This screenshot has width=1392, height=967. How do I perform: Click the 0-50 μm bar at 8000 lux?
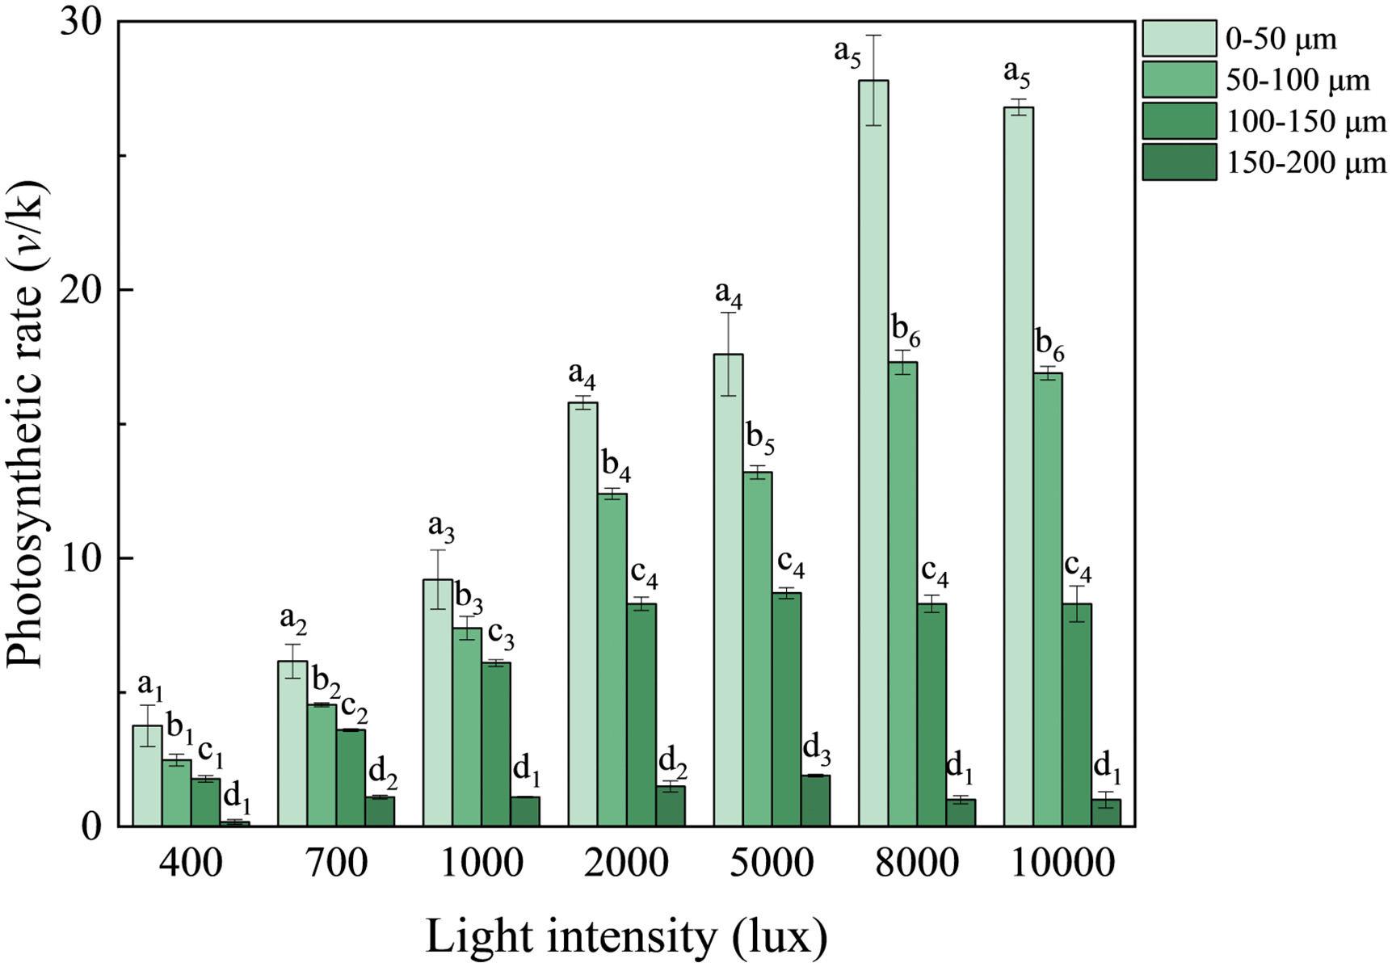873,452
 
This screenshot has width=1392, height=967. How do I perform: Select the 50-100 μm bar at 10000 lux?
1048,599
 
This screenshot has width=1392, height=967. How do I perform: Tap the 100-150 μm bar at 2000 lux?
641,714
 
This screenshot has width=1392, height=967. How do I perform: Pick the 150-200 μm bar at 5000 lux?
816,800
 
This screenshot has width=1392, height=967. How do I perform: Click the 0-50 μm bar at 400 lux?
147,775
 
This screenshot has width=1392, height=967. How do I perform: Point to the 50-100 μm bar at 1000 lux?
467,726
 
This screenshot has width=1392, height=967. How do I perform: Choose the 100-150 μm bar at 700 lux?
351,777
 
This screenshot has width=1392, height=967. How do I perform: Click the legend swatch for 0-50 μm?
1179,39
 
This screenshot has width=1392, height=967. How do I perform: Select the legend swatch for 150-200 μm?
1179,162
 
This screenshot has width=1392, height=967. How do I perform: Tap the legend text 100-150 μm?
1306,122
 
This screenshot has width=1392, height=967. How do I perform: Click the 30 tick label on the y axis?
85,23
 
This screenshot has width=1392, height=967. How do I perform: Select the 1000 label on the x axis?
482,865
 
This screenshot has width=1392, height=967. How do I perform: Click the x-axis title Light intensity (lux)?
626,938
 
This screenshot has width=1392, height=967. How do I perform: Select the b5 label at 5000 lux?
760,439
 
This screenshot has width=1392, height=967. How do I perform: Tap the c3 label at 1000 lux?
500,637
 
